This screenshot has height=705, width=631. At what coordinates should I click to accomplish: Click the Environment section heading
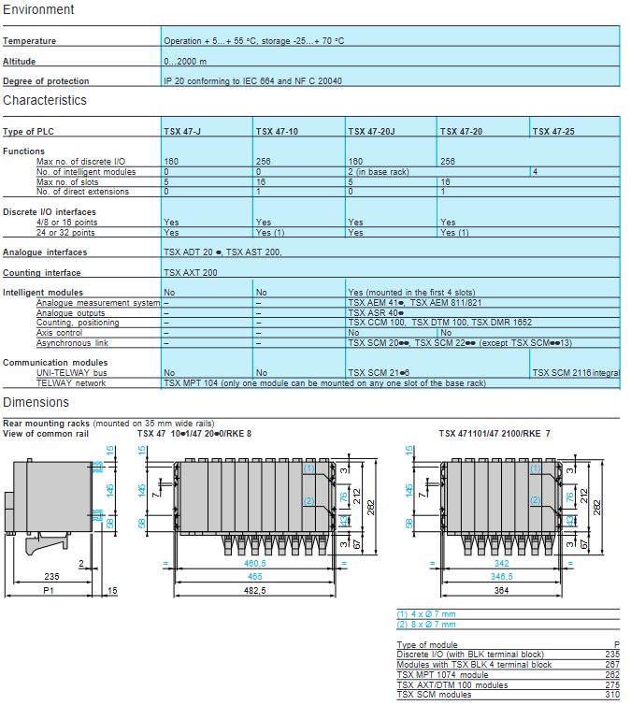tap(38, 9)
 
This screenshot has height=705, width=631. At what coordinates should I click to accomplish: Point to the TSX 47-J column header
tap(182, 132)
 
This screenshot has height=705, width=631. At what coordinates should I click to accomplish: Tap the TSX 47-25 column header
tap(553, 132)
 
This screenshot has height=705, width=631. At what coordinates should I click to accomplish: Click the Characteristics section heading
tap(45, 100)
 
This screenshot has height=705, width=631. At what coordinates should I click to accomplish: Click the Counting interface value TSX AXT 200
tap(191, 273)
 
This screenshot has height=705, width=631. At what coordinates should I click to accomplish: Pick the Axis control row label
tap(61, 333)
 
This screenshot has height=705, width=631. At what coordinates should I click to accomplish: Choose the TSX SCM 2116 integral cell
tap(575, 372)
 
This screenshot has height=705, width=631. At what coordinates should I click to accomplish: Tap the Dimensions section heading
tap(36, 402)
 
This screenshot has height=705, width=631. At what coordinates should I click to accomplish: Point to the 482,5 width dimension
tap(255, 591)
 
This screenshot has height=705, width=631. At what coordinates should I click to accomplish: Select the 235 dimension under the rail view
tap(51, 576)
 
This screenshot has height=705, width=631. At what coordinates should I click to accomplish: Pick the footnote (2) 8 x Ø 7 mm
tap(427, 624)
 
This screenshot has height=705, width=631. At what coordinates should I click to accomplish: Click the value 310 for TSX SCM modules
tap(612, 694)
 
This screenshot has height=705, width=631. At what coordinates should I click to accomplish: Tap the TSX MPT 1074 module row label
tap(442, 674)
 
